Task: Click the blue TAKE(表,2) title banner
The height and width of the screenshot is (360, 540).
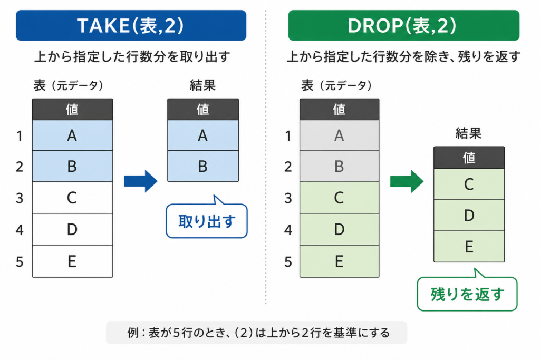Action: click(x=131, y=25)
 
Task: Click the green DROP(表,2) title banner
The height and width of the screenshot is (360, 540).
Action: click(x=403, y=25)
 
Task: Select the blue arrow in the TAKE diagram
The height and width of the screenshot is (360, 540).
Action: click(x=140, y=181)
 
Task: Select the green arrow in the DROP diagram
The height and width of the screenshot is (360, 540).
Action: click(x=407, y=181)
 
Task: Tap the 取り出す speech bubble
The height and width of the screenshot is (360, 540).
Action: click(x=207, y=221)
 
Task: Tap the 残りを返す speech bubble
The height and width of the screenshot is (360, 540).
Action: click(x=467, y=294)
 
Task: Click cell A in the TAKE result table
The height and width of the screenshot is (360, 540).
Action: click(x=203, y=135)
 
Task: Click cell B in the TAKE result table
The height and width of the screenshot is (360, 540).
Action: click(x=203, y=166)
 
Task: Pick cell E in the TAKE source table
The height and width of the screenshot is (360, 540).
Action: click(x=72, y=261)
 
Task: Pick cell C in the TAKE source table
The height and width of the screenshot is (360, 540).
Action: click(x=72, y=198)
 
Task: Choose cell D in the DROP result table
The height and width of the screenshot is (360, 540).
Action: click(x=469, y=216)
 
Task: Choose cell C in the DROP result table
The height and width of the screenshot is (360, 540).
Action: click(x=469, y=184)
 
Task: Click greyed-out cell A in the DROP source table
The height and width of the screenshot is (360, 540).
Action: click(x=339, y=135)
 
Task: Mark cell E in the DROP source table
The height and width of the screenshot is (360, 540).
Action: click(x=339, y=261)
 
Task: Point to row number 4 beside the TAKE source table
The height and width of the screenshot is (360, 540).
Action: click(x=20, y=230)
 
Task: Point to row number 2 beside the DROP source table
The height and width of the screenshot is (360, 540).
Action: click(x=288, y=167)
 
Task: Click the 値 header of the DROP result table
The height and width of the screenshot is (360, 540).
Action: click(x=469, y=158)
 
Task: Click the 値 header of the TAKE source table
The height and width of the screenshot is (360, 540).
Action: click(x=72, y=110)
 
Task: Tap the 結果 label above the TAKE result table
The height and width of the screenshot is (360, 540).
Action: click(x=203, y=85)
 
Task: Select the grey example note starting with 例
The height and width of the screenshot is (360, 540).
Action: click(x=257, y=333)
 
